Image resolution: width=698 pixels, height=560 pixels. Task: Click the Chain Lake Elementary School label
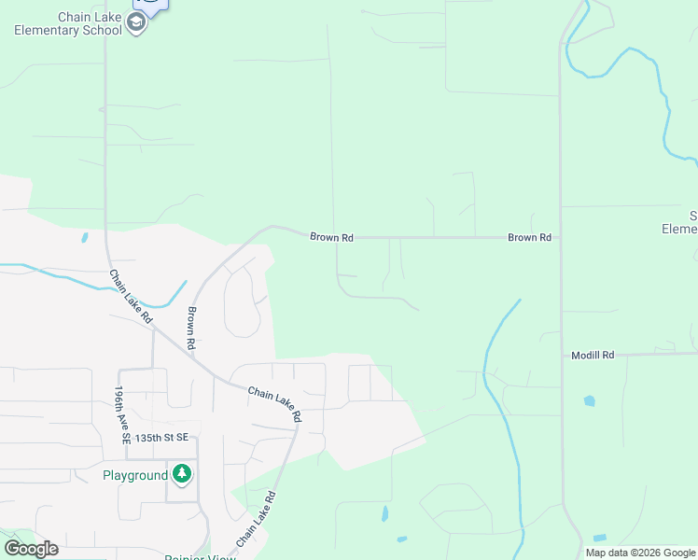67,23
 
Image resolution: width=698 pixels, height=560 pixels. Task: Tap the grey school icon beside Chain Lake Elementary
136,23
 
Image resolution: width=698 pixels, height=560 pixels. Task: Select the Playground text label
135,475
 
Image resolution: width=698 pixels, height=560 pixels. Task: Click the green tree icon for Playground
182,474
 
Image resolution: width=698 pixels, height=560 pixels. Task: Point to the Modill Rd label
593,356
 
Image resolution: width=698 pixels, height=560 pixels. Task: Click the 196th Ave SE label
120,414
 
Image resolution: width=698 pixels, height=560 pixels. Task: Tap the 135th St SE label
161,437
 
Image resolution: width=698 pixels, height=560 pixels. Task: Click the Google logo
31,549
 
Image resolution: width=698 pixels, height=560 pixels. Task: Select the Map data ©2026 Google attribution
640,553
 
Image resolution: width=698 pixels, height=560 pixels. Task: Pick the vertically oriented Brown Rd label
190,329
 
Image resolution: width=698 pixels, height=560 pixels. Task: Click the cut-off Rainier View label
200,557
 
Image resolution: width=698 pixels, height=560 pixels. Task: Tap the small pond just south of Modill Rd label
589,401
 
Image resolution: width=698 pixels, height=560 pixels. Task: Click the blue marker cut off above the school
153,5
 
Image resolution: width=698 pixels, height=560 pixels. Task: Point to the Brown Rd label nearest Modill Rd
529,238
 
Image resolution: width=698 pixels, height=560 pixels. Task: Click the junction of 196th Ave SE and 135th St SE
124,459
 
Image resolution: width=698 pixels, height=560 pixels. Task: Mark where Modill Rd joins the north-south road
562,356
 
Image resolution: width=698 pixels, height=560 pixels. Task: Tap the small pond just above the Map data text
598,539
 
